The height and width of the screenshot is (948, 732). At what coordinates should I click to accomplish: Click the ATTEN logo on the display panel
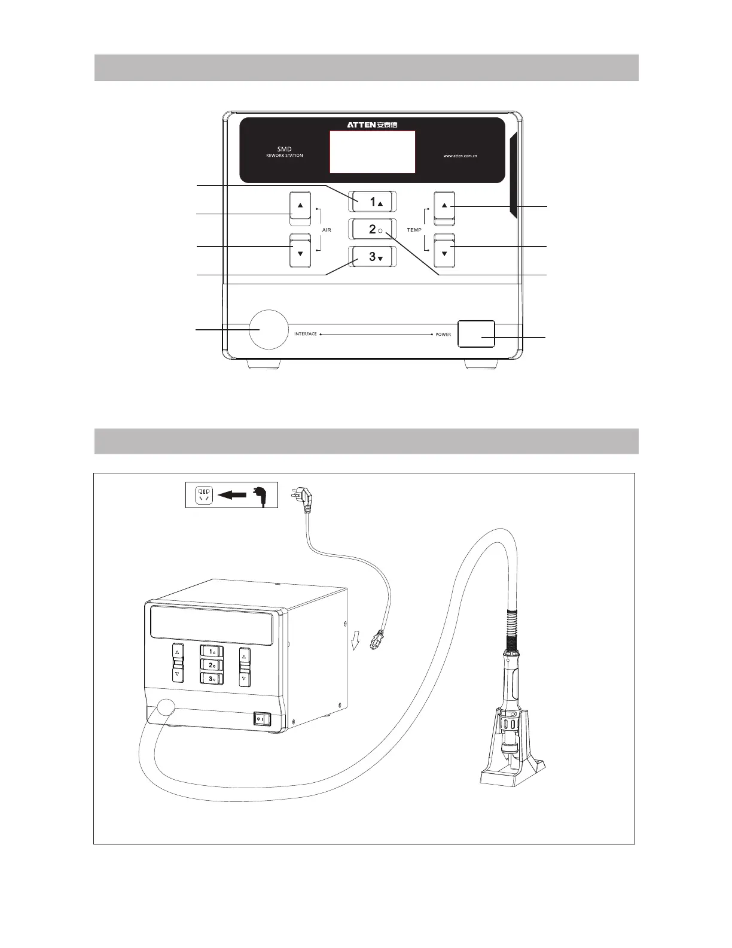pos(372,124)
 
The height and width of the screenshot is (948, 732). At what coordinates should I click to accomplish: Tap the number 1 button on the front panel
pos(373,202)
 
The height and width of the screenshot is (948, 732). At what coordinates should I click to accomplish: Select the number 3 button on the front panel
pos(373,257)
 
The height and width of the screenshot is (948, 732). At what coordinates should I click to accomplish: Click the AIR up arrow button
pos(300,206)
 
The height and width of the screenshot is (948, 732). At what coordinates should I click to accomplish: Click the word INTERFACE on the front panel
pos(306,334)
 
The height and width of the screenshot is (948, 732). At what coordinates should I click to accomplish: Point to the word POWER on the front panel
pos(443,335)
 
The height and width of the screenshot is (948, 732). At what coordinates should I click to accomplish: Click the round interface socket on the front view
pos(269,329)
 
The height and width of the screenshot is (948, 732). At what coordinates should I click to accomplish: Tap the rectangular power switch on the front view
pos(476,333)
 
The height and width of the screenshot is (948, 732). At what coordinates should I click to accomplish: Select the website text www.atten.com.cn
pos(459,156)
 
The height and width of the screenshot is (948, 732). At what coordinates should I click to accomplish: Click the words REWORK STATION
pos(285,156)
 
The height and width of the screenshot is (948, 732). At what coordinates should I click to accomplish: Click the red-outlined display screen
pos(372,151)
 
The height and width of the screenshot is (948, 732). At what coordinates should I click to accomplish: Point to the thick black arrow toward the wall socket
pos(232,495)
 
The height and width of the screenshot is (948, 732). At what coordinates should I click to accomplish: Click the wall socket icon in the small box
pos(204,495)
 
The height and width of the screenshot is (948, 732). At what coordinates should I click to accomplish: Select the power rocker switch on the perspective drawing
pos(262,718)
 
